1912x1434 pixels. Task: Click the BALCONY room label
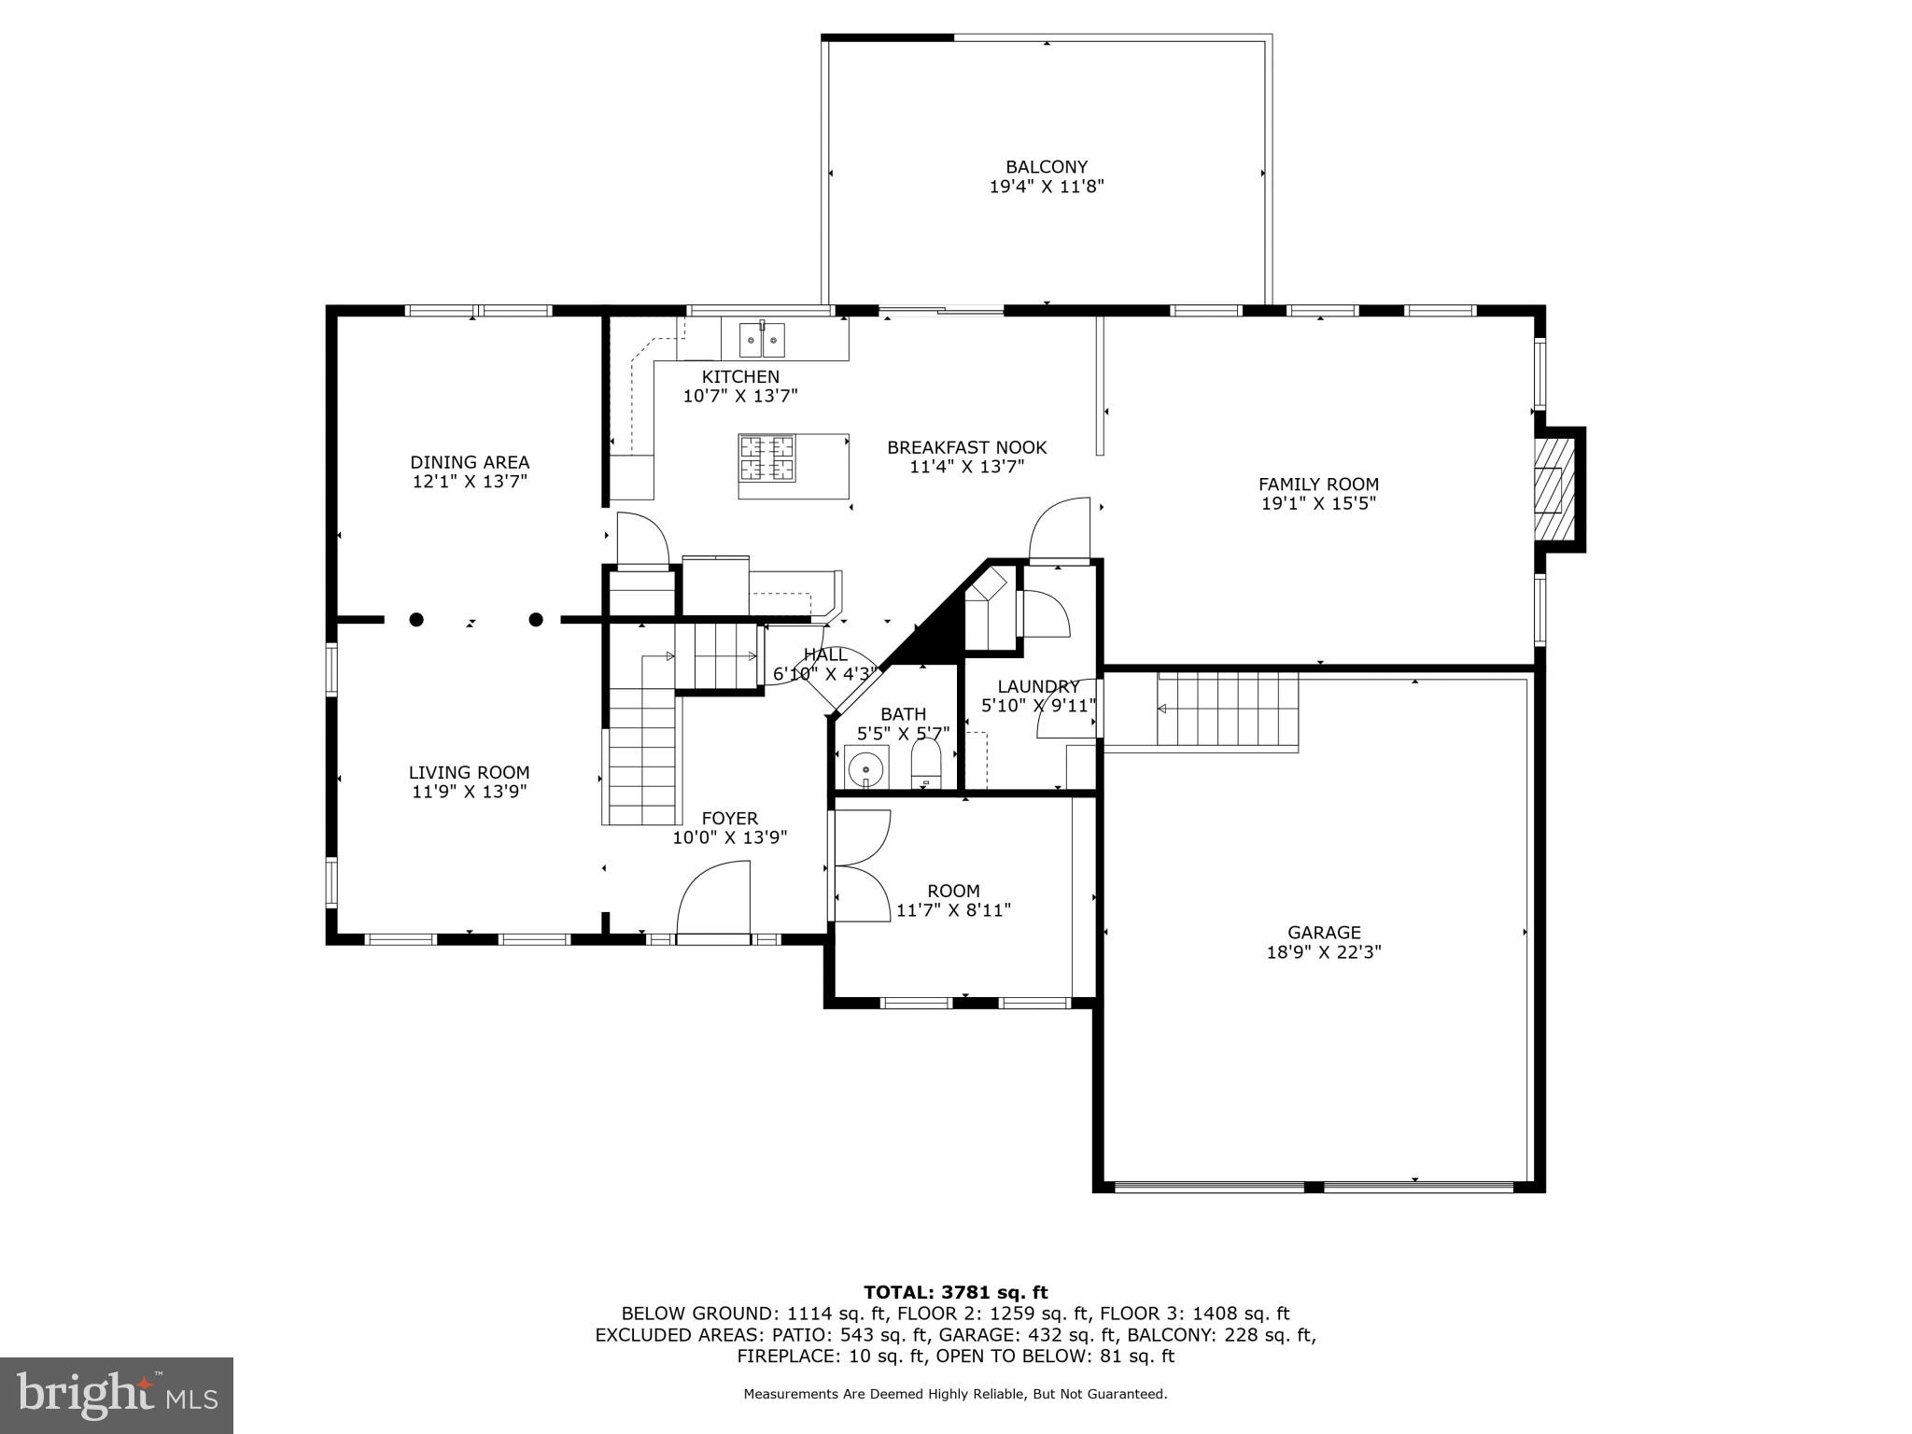(x=1046, y=167)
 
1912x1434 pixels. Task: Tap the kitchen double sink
(x=763, y=340)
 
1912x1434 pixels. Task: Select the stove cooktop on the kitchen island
(x=766, y=457)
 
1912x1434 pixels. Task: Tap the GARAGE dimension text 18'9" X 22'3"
(x=1323, y=952)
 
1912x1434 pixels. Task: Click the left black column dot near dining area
(x=416, y=619)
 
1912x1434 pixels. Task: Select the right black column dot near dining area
(x=536, y=619)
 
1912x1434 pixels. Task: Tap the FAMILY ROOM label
(x=1318, y=484)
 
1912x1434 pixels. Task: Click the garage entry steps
(x=1227, y=710)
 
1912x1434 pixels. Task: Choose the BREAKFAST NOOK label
(x=966, y=447)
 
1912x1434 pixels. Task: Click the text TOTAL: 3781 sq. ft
(x=955, y=1292)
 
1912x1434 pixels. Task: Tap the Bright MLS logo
(x=117, y=1395)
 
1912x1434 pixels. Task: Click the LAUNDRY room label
(x=1038, y=686)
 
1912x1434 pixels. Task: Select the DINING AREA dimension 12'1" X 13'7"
(x=470, y=482)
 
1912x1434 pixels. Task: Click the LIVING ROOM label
(x=469, y=772)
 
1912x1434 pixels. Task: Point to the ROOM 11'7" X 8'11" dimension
(x=953, y=910)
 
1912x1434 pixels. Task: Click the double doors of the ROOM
(x=861, y=866)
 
